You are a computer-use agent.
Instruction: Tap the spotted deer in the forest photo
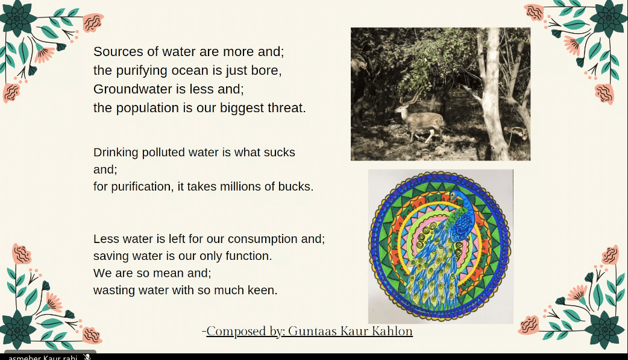click(x=419, y=119)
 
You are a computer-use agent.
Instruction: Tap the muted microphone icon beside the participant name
click(x=87, y=357)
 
